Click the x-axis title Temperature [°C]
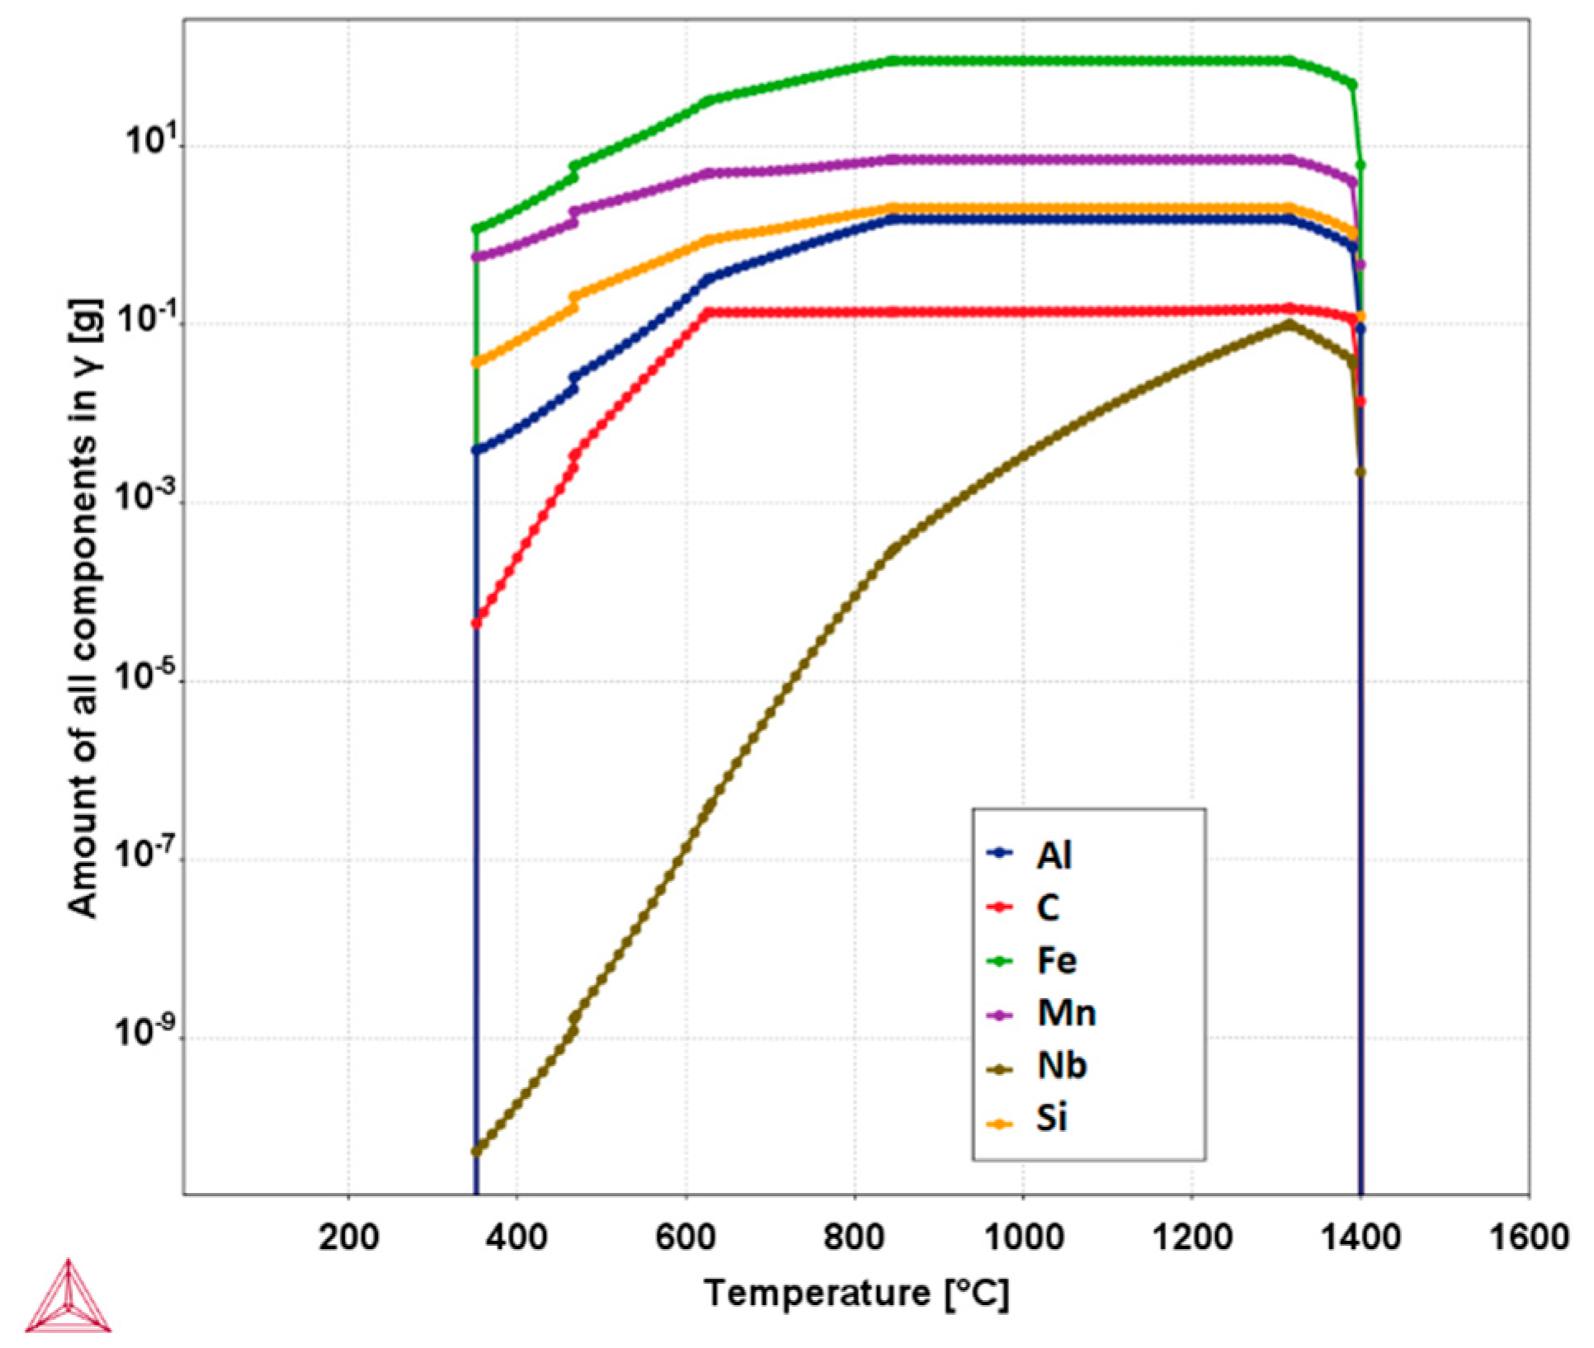point(856,1294)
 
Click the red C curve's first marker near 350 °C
point(476,623)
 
